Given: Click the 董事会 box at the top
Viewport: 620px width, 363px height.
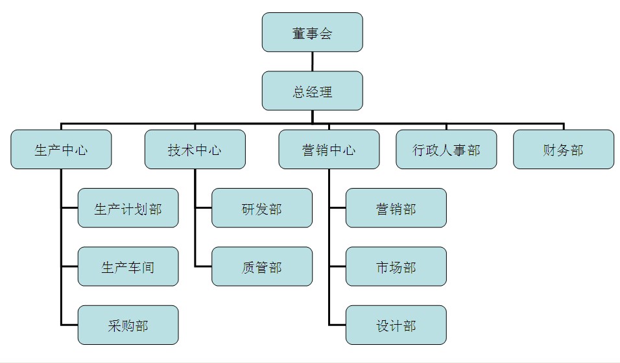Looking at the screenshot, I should [x=312, y=32].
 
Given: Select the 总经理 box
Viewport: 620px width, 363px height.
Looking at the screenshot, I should [x=312, y=91].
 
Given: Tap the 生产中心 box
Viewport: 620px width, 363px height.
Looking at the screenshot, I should [x=61, y=150].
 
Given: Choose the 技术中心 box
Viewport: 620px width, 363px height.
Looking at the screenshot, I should [x=195, y=150].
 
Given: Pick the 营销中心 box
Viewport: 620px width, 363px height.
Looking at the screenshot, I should [x=329, y=150].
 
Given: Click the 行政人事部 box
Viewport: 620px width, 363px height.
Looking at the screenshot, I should [x=446, y=150].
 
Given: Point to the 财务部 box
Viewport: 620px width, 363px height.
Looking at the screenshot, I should [x=563, y=150].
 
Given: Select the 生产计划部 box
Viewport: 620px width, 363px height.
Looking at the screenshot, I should [x=128, y=208].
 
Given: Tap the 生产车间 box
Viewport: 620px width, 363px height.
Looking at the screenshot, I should [x=128, y=266].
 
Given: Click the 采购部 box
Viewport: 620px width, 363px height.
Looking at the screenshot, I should [x=128, y=325].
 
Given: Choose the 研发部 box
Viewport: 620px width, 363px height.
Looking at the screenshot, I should [x=262, y=208].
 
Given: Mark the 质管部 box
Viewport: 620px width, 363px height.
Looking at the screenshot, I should [x=262, y=266].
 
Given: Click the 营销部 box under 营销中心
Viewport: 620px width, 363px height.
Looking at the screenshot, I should [x=396, y=208].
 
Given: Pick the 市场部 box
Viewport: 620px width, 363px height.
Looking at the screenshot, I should [x=396, y=266].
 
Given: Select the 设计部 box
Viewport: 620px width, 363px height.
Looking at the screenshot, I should [x=396, y=325].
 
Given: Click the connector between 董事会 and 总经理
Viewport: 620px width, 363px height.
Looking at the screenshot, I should [x=312, y=62].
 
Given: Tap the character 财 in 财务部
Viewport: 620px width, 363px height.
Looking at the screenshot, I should [x=550, y=150].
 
